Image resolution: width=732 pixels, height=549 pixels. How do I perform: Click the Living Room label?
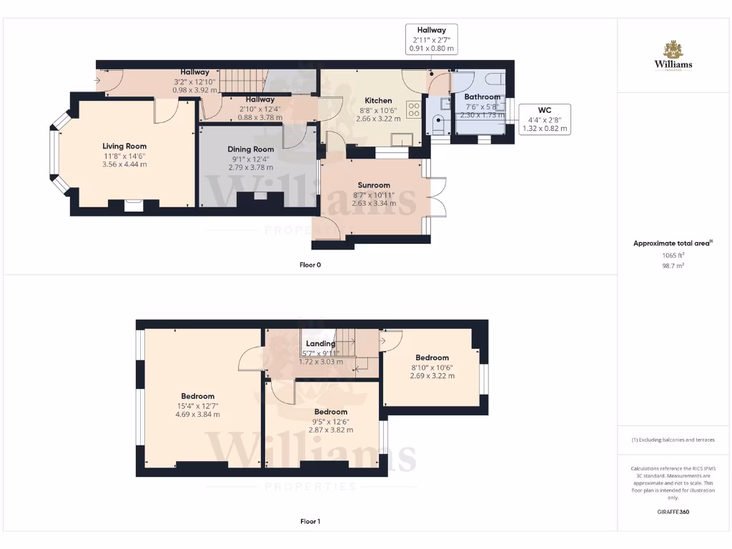pos(124,146)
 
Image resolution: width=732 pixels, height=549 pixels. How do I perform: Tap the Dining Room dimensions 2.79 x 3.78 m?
pos(251,167)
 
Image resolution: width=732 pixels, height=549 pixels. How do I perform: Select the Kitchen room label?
pos(378,101)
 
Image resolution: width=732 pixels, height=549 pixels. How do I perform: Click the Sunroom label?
pos(374,185)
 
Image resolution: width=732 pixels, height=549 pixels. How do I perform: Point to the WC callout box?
pos(545,119)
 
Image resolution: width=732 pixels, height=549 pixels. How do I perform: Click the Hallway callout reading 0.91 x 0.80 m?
pos(432,49)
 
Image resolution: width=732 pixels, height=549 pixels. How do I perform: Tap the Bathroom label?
pos(482,97)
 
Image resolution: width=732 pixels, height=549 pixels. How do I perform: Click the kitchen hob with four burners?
pos(413,109)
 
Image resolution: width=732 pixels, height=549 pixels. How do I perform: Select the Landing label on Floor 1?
pos(320,344)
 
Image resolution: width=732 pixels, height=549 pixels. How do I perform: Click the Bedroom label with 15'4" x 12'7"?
pos(197,396)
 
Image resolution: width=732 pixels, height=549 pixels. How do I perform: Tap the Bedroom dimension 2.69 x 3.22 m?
pos(432,375)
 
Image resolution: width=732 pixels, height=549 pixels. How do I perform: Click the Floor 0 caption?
pos(310,265)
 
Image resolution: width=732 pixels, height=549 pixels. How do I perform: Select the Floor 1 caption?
pos(310,522)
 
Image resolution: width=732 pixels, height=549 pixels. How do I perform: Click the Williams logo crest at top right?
pos(673,49)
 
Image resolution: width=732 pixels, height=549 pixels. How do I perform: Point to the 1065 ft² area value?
pos(673,254)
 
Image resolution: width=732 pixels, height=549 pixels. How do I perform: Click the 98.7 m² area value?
pos(673,265)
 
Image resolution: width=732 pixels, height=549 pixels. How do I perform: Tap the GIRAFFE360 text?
pos(673,512)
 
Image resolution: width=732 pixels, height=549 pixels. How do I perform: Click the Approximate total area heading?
pos(672,244)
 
